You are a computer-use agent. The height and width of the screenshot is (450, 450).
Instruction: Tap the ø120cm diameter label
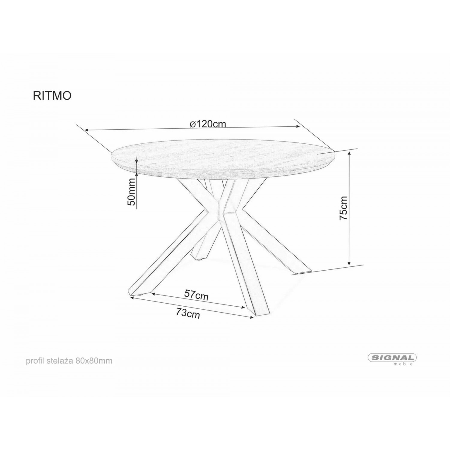(x=208, y=124)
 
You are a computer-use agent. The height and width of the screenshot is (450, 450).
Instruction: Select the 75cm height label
(x=343, y=208)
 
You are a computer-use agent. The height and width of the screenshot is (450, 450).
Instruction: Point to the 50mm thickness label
(x=131, y=192)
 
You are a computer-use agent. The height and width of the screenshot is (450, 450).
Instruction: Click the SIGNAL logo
(x=392, y=358)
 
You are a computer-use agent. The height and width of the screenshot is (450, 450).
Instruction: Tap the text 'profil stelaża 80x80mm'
(x=69, y=361)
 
